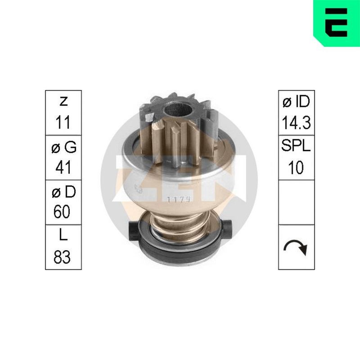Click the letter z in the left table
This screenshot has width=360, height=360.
coord(63,102)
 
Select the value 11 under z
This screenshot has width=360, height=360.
coord(63,122)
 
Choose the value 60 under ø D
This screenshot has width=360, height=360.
coord(63,212)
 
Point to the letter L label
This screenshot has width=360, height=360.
coord(63,237)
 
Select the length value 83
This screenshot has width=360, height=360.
coord(63,257)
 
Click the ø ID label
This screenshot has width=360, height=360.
coord(296,102)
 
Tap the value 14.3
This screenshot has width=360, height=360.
coord(296,122)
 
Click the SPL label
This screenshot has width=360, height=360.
coord(296,147)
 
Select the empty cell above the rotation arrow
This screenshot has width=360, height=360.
coord(296,202)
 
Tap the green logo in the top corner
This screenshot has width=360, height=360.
coord(337,22)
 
